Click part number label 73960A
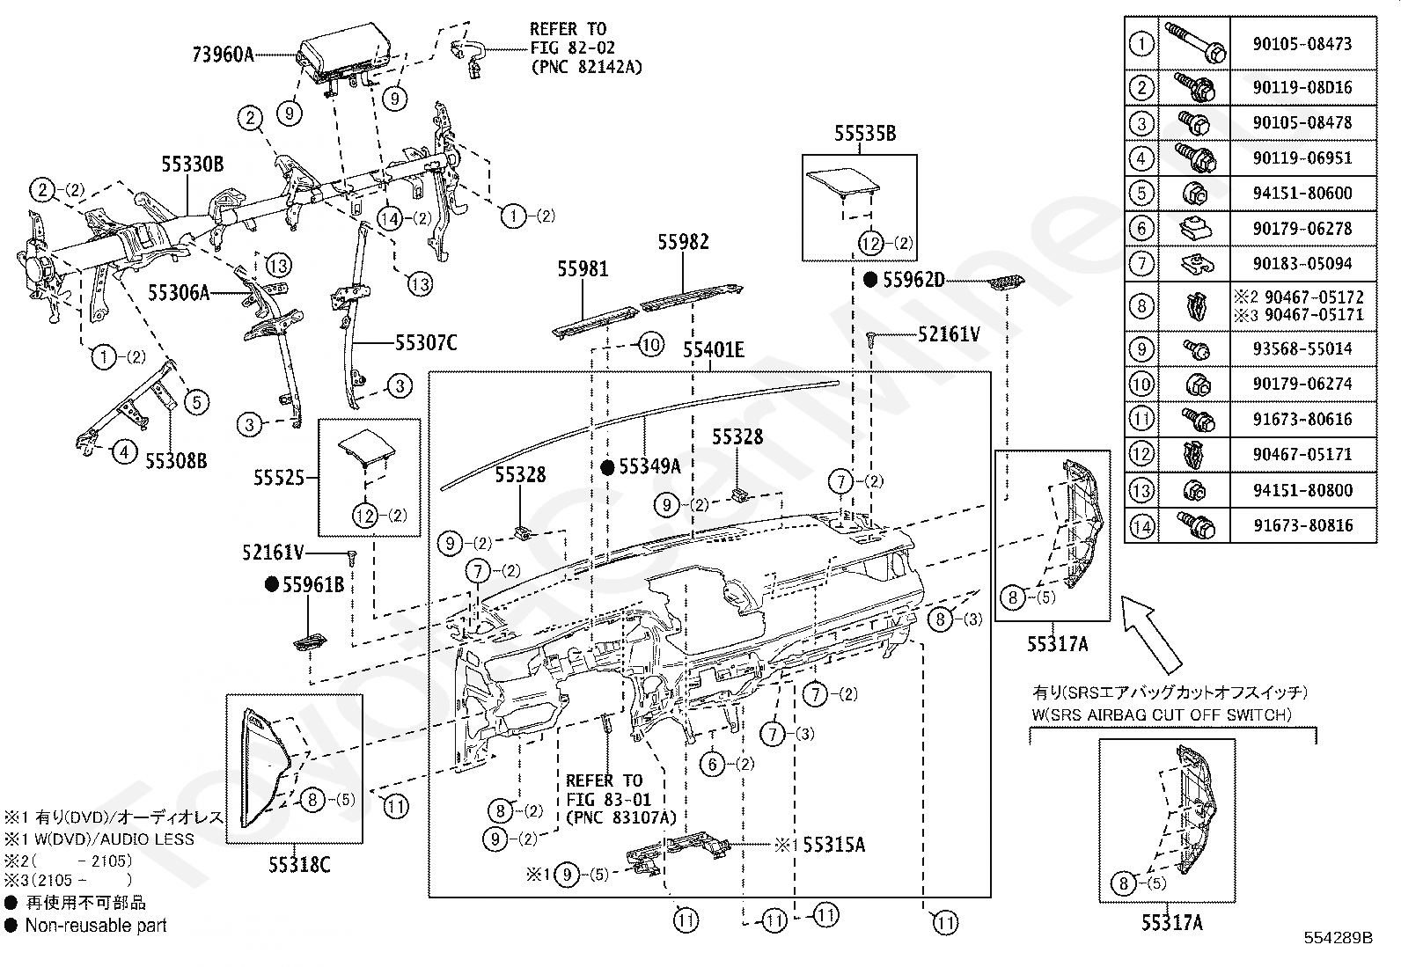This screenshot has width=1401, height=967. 223,55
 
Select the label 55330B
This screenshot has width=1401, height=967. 192,164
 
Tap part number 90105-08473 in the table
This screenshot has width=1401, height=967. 1302,44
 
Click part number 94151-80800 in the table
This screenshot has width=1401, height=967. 1302,490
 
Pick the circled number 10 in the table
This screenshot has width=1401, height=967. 1141,384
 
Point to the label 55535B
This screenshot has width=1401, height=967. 865,133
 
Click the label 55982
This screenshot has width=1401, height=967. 683,242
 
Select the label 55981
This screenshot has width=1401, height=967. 583,269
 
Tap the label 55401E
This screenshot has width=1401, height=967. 713,349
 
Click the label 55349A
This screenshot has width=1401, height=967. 649,466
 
